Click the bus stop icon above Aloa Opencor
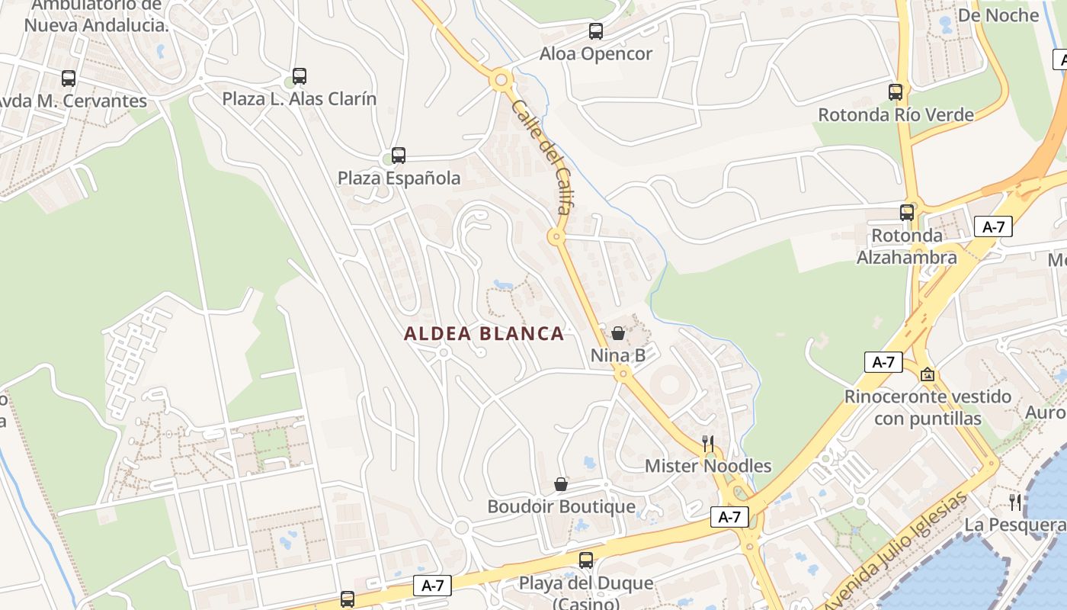coord(596,31)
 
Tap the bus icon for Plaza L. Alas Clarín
coord(300,76)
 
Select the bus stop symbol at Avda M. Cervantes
coord(69,78)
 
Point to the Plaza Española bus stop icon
coord(398,156)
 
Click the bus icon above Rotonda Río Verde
coord(896,92)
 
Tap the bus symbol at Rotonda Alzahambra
coord(907,213)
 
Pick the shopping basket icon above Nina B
coord(618,333)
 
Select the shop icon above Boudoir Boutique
coord(561,484)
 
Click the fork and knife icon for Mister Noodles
coord(708,444)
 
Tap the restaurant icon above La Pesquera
coord(1015,502)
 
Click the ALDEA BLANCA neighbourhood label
coord(484,334)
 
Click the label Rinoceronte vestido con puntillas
coord(928,408)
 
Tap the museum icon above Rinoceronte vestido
coord(928,374)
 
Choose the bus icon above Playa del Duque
coord(586,560)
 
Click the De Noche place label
coord(998,15)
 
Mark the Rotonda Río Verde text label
coord(896,115)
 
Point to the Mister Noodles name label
coord(708,466)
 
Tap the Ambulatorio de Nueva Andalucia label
coord(96,15)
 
